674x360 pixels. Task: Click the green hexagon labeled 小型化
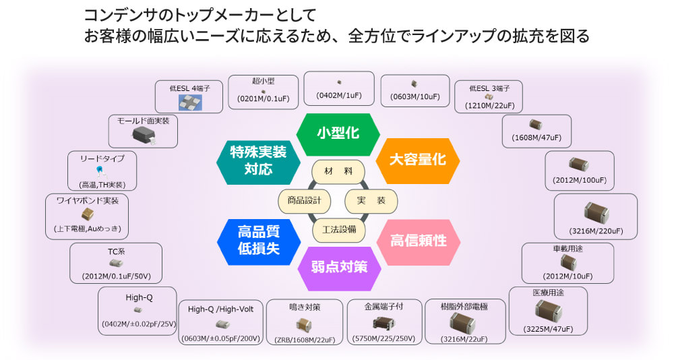[338, 133]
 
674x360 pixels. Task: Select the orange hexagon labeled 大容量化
[417, 160]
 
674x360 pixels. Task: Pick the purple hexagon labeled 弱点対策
[338, 266]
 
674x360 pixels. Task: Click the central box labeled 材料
[338, 171]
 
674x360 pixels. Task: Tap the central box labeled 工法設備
[338, 229]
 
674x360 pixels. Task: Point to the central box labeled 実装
[371, 200]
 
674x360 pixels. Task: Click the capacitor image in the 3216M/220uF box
[595, 211]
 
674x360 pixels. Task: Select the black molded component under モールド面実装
[143, 133]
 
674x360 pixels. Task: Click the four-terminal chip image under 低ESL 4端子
[188, 102]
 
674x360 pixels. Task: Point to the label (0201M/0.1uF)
[263, 99]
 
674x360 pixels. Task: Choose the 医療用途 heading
[547, 294]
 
